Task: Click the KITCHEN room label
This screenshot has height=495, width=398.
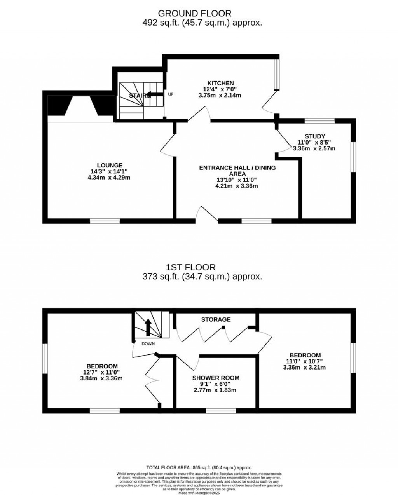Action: coord(220,83)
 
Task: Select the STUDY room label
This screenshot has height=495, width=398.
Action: coord(314,136)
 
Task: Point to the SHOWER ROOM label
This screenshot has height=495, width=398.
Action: coord(216,378)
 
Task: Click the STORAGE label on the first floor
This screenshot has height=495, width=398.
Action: coord(216,319)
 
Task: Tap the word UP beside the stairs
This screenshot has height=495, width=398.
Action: coord(171,94)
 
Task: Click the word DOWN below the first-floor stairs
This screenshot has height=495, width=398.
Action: coord(148,343)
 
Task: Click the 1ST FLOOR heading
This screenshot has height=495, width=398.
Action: coord(190,267)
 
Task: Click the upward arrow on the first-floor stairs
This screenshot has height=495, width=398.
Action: coord(148,327)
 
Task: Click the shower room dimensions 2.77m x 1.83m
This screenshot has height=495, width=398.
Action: coord(216,390)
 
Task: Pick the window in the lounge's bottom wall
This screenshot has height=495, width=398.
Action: coord(105,221)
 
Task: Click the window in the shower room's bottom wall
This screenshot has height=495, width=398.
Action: coord(220,411)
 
